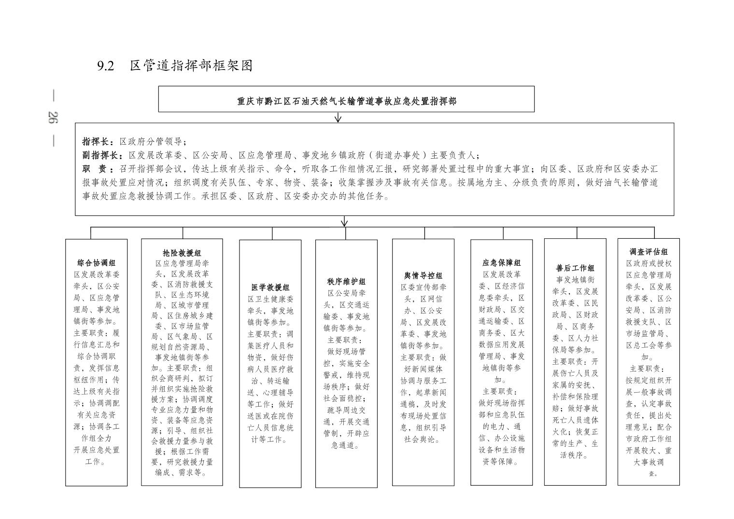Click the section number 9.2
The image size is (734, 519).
(106, 66)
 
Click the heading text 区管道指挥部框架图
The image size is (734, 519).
(191, 66)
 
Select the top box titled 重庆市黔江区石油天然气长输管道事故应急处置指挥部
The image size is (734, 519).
(346, 101)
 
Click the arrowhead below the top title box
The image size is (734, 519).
(338, 118)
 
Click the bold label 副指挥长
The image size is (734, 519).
(100, 155)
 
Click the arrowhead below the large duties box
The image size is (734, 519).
(344, 222)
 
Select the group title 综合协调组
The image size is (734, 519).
(97, 263)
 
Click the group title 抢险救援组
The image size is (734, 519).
(182, 253)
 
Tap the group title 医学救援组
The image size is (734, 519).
(270, 287)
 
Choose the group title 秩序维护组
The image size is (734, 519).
(346, 281)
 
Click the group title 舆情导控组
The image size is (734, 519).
(423, 275)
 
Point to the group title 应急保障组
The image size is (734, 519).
(502, 263)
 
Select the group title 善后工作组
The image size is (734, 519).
(575, 268)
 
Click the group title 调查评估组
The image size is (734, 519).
(649, 252)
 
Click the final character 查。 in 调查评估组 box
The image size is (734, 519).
(652, 474)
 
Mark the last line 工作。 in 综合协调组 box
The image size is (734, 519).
(96, 462)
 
